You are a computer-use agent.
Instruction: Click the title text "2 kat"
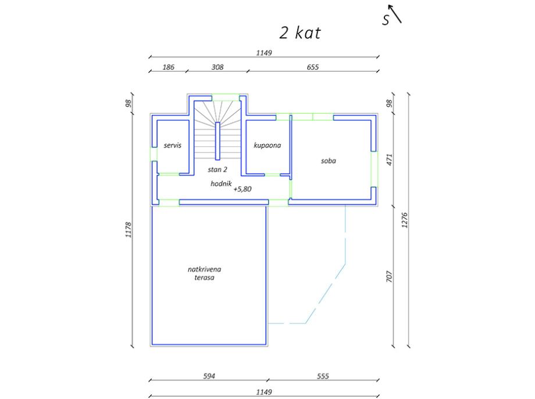pyautogui.click(x=300, y=33)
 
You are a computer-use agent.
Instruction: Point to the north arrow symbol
pyautogui.click(x=395, y=13)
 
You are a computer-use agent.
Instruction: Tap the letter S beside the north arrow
pyautogui.click(x=386, y=20)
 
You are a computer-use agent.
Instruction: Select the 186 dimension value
pyautogui.click(x=168, y=67)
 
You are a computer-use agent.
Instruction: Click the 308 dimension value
pyautogui.click(x=217, y=67)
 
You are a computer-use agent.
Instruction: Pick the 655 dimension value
pyautogui.click(x=312, y=67)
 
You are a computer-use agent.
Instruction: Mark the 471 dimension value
pyautogui.click(x=389, y=160)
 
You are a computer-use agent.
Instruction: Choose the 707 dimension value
pyautogui.click(x=389, y=276)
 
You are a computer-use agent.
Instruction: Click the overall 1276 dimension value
pyautogui.click(x=405, y=220)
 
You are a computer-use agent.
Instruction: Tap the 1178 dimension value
pyautogui.click(x=129, y=229)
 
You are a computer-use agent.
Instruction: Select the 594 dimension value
pyautogui.click(x=209, y=376)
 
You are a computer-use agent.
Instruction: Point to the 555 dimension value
pyautogui.click(x=323, y=376)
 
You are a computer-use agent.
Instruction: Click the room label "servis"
pyautogui.click(x=172, y=146)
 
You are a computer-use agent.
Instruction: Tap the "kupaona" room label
pyautogui.click(x=267, y=146)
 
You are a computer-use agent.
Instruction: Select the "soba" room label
pyautogui.click(x=328, y=161)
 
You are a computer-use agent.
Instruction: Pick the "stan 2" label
pyautogui.click(x=217, y=170)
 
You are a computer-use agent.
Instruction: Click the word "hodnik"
pyautogui.click(x=221, y=184)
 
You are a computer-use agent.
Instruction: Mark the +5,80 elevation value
pyautogui.click(x=242, y=189)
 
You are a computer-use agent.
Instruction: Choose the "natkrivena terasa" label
pyautogui.click(x=204, y=274)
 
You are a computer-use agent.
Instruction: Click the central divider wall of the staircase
pyautogui.click(x=217, y=141)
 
